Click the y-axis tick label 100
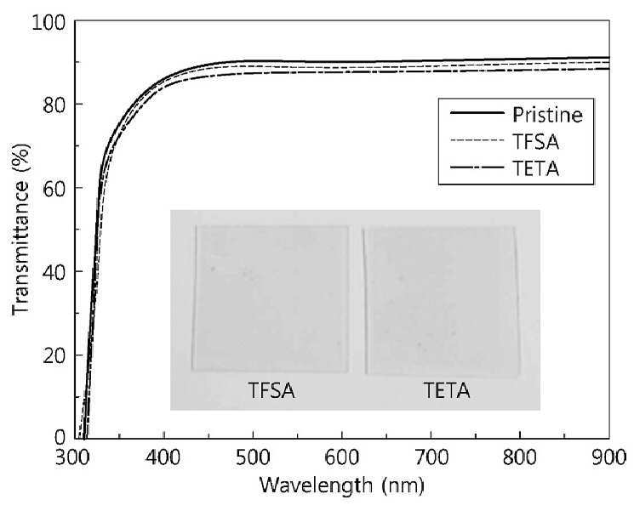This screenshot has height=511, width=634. pos(49,23)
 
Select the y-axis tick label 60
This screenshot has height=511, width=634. pos(54,190)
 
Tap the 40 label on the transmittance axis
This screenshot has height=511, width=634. pos(54,273)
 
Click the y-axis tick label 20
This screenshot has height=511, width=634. pos(54,357)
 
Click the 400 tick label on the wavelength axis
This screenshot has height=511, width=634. pos(163,458)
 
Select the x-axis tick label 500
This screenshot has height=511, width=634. pos(253,458)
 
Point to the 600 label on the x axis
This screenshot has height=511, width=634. pos(342,458)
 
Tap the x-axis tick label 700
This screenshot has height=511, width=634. pos(431,458)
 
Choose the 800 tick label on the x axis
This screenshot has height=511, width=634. pos(520,458)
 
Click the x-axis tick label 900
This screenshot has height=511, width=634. pos(609,458)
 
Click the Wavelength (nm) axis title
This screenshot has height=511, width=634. pos(342,485)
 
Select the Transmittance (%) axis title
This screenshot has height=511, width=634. pos(21,229)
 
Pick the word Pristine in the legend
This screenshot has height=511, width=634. pos(547,115)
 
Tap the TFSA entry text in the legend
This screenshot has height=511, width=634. pos(536,141)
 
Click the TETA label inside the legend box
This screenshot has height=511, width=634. pos(536,168)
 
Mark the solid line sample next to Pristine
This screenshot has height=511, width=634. pos(477,113)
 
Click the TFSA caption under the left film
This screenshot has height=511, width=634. pos(271,391)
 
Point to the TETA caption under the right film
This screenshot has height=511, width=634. pos(447,391)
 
